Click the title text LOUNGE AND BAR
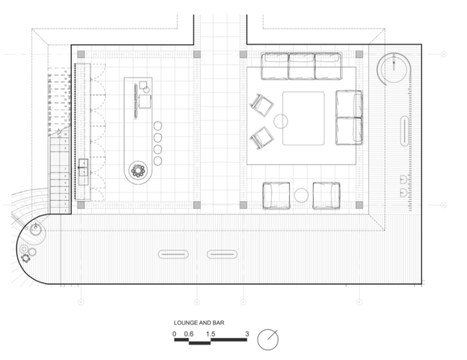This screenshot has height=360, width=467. pos(199,323)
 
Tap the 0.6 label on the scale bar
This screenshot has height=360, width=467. pos(188,334)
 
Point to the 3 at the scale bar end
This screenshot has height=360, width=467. pos(247,334)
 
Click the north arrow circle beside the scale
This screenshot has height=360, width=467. pos(268,340)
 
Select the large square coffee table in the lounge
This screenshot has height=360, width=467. pos(303,118)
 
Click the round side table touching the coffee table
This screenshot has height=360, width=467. pos(281,121)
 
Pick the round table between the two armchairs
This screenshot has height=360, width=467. pos(301,196)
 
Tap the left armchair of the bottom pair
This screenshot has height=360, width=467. pos(277,196)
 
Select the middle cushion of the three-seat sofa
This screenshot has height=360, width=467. pos(301,66)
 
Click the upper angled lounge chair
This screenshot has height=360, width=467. pos(262,104)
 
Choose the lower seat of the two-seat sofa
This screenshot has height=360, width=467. pos(349,131)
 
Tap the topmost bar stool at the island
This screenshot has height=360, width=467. pos(158,126)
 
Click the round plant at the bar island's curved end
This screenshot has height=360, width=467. pos(138,170)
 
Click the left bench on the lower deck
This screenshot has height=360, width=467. pos(173,254)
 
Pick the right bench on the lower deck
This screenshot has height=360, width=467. pos(222,254)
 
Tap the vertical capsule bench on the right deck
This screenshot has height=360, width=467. pos(404,131)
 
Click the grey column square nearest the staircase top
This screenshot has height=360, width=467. pos(81,54)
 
